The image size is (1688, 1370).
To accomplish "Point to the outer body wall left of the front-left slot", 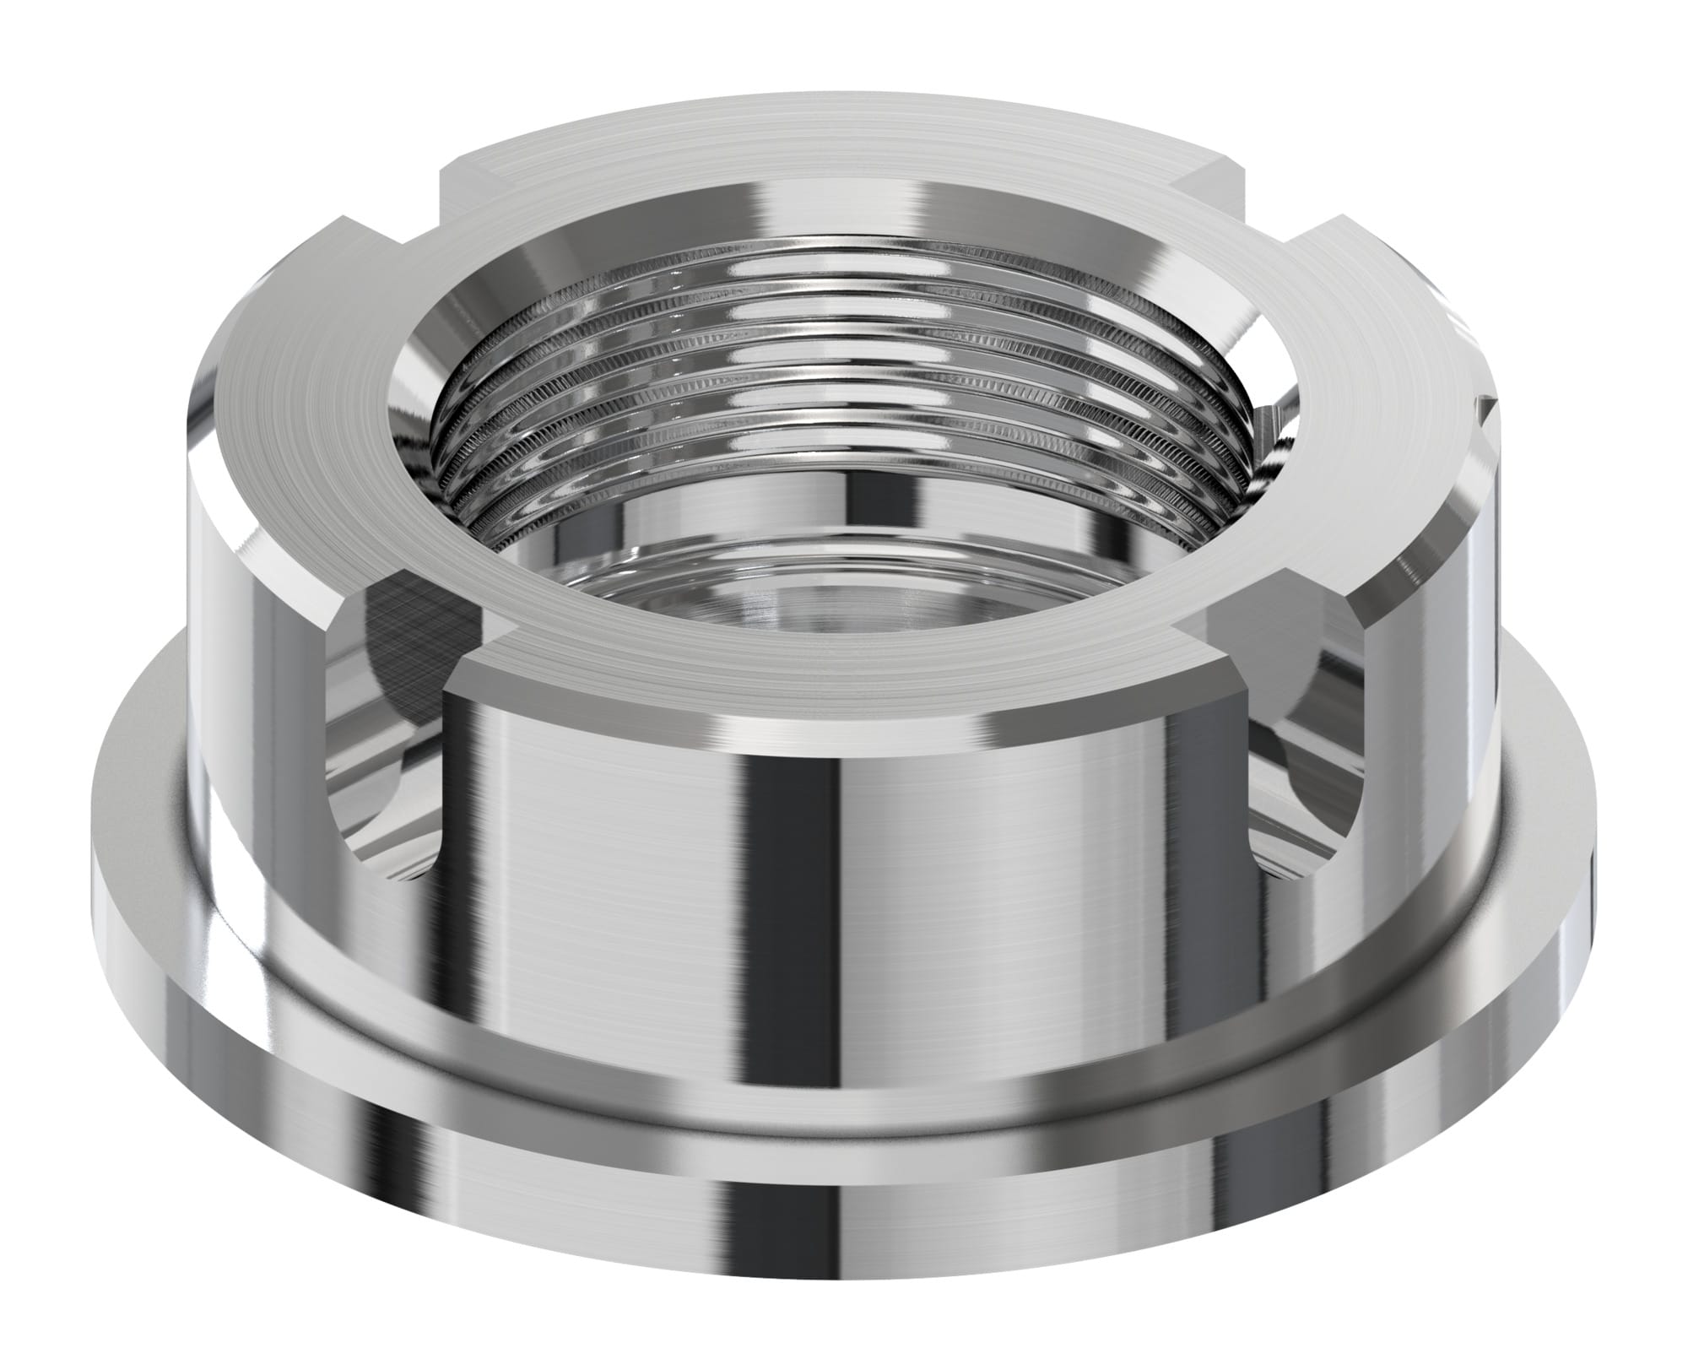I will pos(253,717).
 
